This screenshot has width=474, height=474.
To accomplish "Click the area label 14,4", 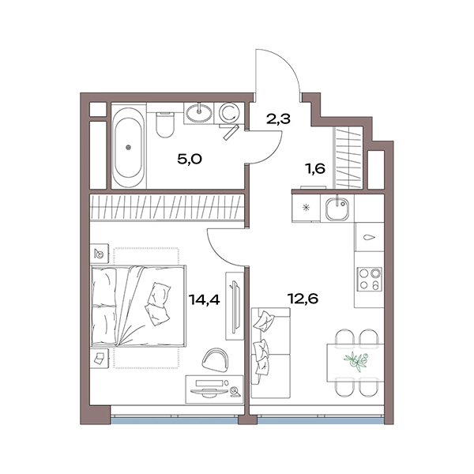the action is (x=204, y=299).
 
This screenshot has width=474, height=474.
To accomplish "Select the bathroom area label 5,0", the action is (x=190, y=159).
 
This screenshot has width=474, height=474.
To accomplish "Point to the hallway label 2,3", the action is (x=278, y=118).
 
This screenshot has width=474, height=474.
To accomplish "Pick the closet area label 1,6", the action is (x=316, y=168).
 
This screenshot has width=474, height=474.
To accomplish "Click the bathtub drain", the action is (x=129, y=148).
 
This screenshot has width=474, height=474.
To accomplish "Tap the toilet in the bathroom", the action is (x=165, y=125).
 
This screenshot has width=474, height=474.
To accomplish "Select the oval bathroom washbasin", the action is (x=199, y=113).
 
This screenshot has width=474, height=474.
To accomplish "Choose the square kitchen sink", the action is (x=337, y=208).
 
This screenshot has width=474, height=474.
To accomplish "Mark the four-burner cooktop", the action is (x=369, y=280).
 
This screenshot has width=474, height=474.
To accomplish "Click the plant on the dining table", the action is (x=355, y=361).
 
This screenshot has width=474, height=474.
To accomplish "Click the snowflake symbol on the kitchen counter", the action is (x=307, y=208).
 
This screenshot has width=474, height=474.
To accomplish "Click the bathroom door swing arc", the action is (x=274, y=154).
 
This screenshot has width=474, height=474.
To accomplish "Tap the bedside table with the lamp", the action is (x=100, y=253).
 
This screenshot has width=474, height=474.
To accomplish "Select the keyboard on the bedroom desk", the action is (x=209, y=383).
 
